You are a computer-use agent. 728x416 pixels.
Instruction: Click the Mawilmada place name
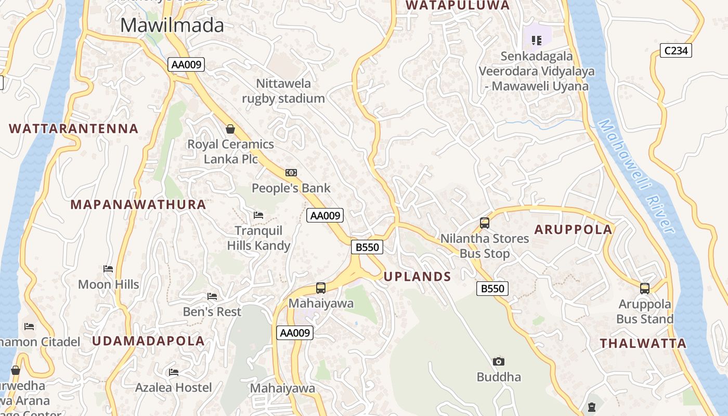tap(172, 25)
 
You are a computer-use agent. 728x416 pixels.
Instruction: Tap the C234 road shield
tap(676, 50)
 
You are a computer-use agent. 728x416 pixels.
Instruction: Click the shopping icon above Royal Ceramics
tap(230, 128)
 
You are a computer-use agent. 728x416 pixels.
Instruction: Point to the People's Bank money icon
tap(291, 173)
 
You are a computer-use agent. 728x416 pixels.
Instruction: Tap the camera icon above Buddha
tap(499, 361)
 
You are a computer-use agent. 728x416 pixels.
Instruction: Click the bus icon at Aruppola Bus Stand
tap(645, 288)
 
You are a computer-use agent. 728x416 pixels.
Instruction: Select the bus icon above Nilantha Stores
tap(485, 223)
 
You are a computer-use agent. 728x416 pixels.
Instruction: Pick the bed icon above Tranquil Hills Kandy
tap(258, 215)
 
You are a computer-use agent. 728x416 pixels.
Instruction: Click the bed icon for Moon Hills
tap(108, 269)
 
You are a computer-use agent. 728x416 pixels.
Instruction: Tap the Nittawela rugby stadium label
tap(283, 91)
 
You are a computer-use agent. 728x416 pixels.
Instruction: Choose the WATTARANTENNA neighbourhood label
tap(74, 128)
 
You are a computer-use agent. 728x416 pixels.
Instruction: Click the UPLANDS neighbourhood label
tap(418, 277)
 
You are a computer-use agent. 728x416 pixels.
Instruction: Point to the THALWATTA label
tap(643, 343)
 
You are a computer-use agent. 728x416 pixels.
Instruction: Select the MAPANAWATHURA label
tap(138, 204)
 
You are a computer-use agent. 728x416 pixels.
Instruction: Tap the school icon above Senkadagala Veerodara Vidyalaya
tap(537, 40)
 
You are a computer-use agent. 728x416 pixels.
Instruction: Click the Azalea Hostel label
tap(174, 387)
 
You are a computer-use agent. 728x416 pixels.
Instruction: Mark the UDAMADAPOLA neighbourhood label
tap(149, 341)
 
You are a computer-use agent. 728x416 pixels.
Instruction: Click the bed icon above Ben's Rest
tap(212, 296)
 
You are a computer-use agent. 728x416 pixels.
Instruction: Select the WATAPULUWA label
tap(458, 5)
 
